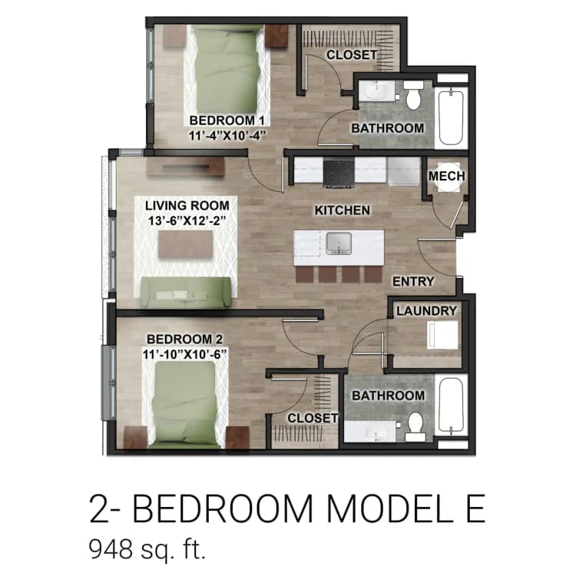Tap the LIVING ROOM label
coord(187,206)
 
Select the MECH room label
coord(447,177)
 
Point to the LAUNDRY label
coord(426,311)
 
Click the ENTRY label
coord(413,282)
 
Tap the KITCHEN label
coord(343,210)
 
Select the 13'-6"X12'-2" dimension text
coord(187,221)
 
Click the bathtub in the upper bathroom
coord(450,119)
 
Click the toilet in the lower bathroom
coord(415,424)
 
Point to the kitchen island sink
coord(339,243)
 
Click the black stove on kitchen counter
coord(339,174)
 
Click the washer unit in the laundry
coord(443,336)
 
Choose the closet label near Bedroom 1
coord(352,55)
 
